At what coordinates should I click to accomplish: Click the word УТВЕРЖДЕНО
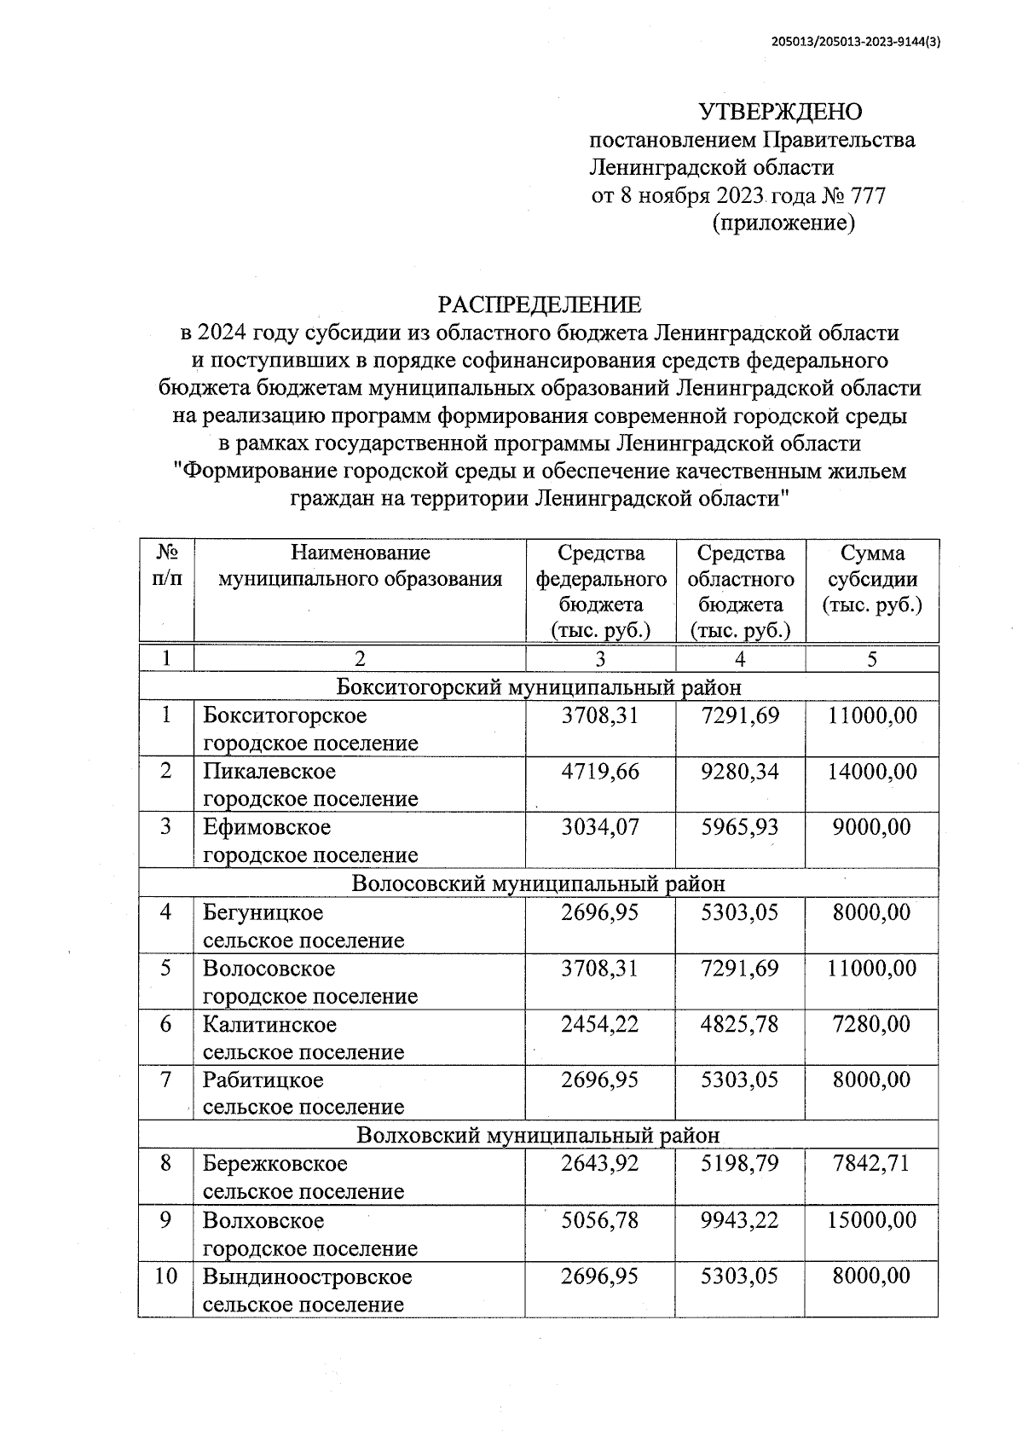coord(780,112)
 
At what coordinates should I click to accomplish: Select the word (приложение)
coord(782,223)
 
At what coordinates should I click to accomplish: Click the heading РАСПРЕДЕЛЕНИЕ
coord(539,304)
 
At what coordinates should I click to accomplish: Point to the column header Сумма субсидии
coord(871,580)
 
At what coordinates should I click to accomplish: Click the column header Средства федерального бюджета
coord(600,592)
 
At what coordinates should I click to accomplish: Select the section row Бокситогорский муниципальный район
coord(538,686)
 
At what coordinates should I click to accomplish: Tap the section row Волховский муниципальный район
coord(538,1135)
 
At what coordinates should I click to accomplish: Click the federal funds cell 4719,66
coord(600,772)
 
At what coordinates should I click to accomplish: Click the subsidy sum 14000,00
coord(871,772)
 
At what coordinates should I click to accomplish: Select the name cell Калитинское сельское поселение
coord(303,1038)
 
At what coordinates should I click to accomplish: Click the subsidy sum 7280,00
coord(871,1024)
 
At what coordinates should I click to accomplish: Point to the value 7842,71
coord(871,1163)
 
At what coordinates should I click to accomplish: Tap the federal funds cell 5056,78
coord(600,1219)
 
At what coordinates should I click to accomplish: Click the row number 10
coord(165,1276)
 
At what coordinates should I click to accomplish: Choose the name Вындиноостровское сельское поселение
coord(307,1290)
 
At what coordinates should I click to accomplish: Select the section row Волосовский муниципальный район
coord(538,883)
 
